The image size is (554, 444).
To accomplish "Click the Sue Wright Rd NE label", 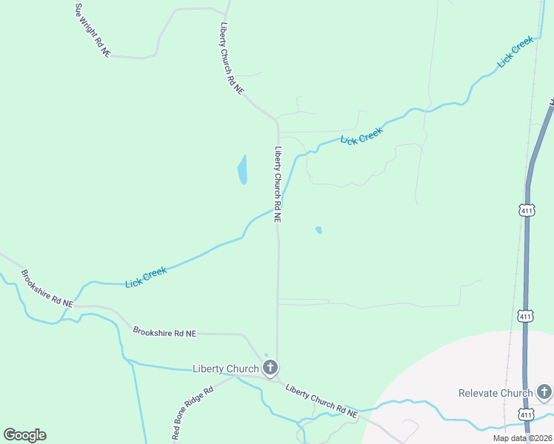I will coord(93,30).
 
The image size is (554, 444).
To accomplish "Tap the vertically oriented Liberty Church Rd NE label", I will coord(278,184).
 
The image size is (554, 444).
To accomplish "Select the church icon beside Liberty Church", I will coord(270,367).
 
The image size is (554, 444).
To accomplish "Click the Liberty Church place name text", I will coord(225,369).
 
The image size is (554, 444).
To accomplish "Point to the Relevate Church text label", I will coord(495,393).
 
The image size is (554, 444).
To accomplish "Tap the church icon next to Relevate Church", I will coord(544,391).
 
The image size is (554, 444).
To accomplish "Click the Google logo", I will coord(24,435).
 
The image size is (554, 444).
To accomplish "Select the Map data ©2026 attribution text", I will coord(521,438).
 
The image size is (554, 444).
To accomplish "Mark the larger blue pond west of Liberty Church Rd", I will coord(242,170).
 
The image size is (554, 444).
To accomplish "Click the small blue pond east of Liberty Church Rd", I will coord(318,230).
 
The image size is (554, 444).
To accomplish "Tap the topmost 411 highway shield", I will coord(526,211).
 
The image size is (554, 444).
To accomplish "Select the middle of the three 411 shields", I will coord(526,317).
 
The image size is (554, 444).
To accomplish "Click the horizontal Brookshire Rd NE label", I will coord(164,333).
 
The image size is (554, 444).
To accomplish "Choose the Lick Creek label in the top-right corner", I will coord(515,53).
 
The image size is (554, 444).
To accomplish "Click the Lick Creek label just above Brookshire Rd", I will coord(146,277).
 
